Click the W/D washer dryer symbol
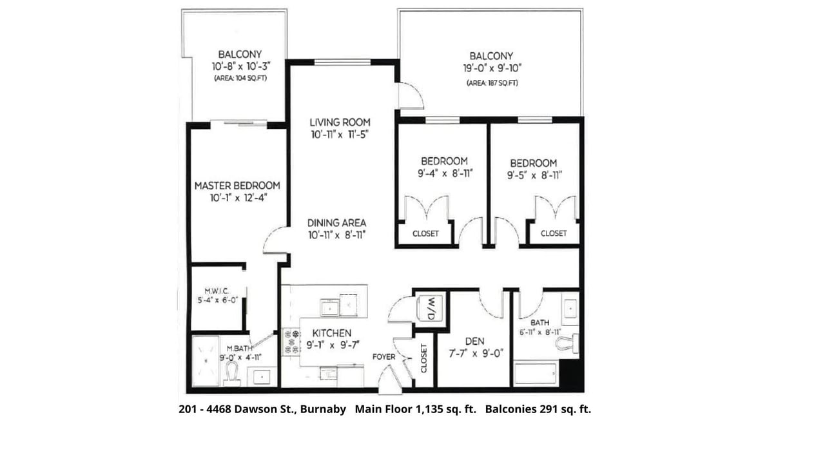click(429, 308)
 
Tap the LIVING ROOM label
click(340, 122)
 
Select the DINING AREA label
click(336, 223)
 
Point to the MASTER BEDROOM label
click(237, 186)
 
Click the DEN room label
click(475, 342)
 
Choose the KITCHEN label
click(332, 333)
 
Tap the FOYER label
click(383, 357)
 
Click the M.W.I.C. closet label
click(217, 291)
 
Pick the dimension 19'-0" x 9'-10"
click(492, 68)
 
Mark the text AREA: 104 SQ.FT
click(240, 78)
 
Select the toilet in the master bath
click(231, 372)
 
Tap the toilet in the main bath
click(567, 343)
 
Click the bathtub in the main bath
click(536, 374)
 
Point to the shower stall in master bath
click(206, 361)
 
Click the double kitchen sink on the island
click(339, 305)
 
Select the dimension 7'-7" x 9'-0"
click(476, 354)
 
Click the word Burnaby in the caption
click(323, 409)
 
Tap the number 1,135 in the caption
click(429, 409)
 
